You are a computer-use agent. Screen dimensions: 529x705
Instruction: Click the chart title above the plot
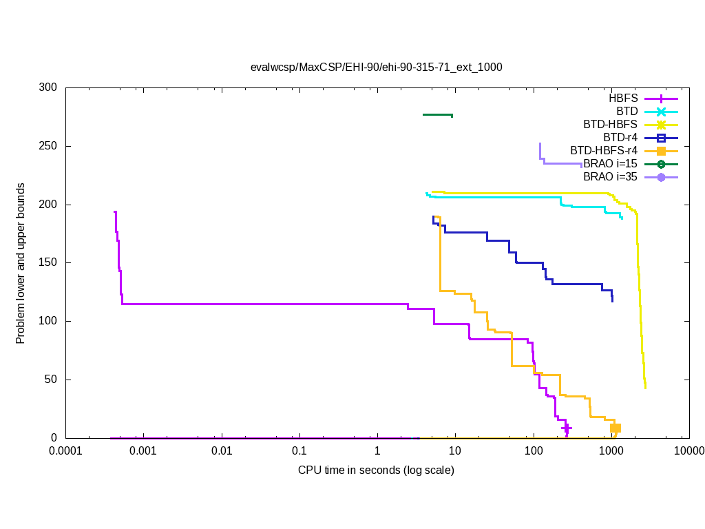click(376, 68)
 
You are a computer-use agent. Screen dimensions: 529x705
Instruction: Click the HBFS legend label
click(623, 98)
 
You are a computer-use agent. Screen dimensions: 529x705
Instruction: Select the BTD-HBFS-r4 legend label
click(604, 151)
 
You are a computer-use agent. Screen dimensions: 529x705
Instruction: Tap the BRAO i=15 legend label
click(610, 164)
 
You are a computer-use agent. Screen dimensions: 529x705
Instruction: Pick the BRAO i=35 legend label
click(610, 177)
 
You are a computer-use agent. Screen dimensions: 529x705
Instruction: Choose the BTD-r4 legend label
click(620, 138)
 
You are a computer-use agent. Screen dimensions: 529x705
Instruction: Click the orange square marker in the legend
click(660, 151)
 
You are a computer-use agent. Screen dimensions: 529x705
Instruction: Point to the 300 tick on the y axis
click(49, 88)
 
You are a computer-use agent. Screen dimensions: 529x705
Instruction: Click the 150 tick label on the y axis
click(49, 263)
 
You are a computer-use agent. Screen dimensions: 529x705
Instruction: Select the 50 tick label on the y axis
click(52, 380)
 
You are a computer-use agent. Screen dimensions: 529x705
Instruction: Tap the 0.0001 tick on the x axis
click(66, 452)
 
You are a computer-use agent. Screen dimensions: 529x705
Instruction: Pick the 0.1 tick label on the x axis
click(299, 452)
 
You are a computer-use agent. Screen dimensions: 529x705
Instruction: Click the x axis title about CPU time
click(376, 470)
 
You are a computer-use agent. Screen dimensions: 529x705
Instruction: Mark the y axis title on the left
click(21, 263)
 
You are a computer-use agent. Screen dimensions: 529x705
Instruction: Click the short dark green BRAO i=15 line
click(437, 114)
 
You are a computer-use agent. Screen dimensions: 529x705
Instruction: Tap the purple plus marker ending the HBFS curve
click(566, 428)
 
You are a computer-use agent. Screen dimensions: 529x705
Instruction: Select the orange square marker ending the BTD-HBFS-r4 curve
click(615, 428)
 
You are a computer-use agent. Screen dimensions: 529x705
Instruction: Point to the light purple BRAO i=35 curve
click(561, 163)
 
